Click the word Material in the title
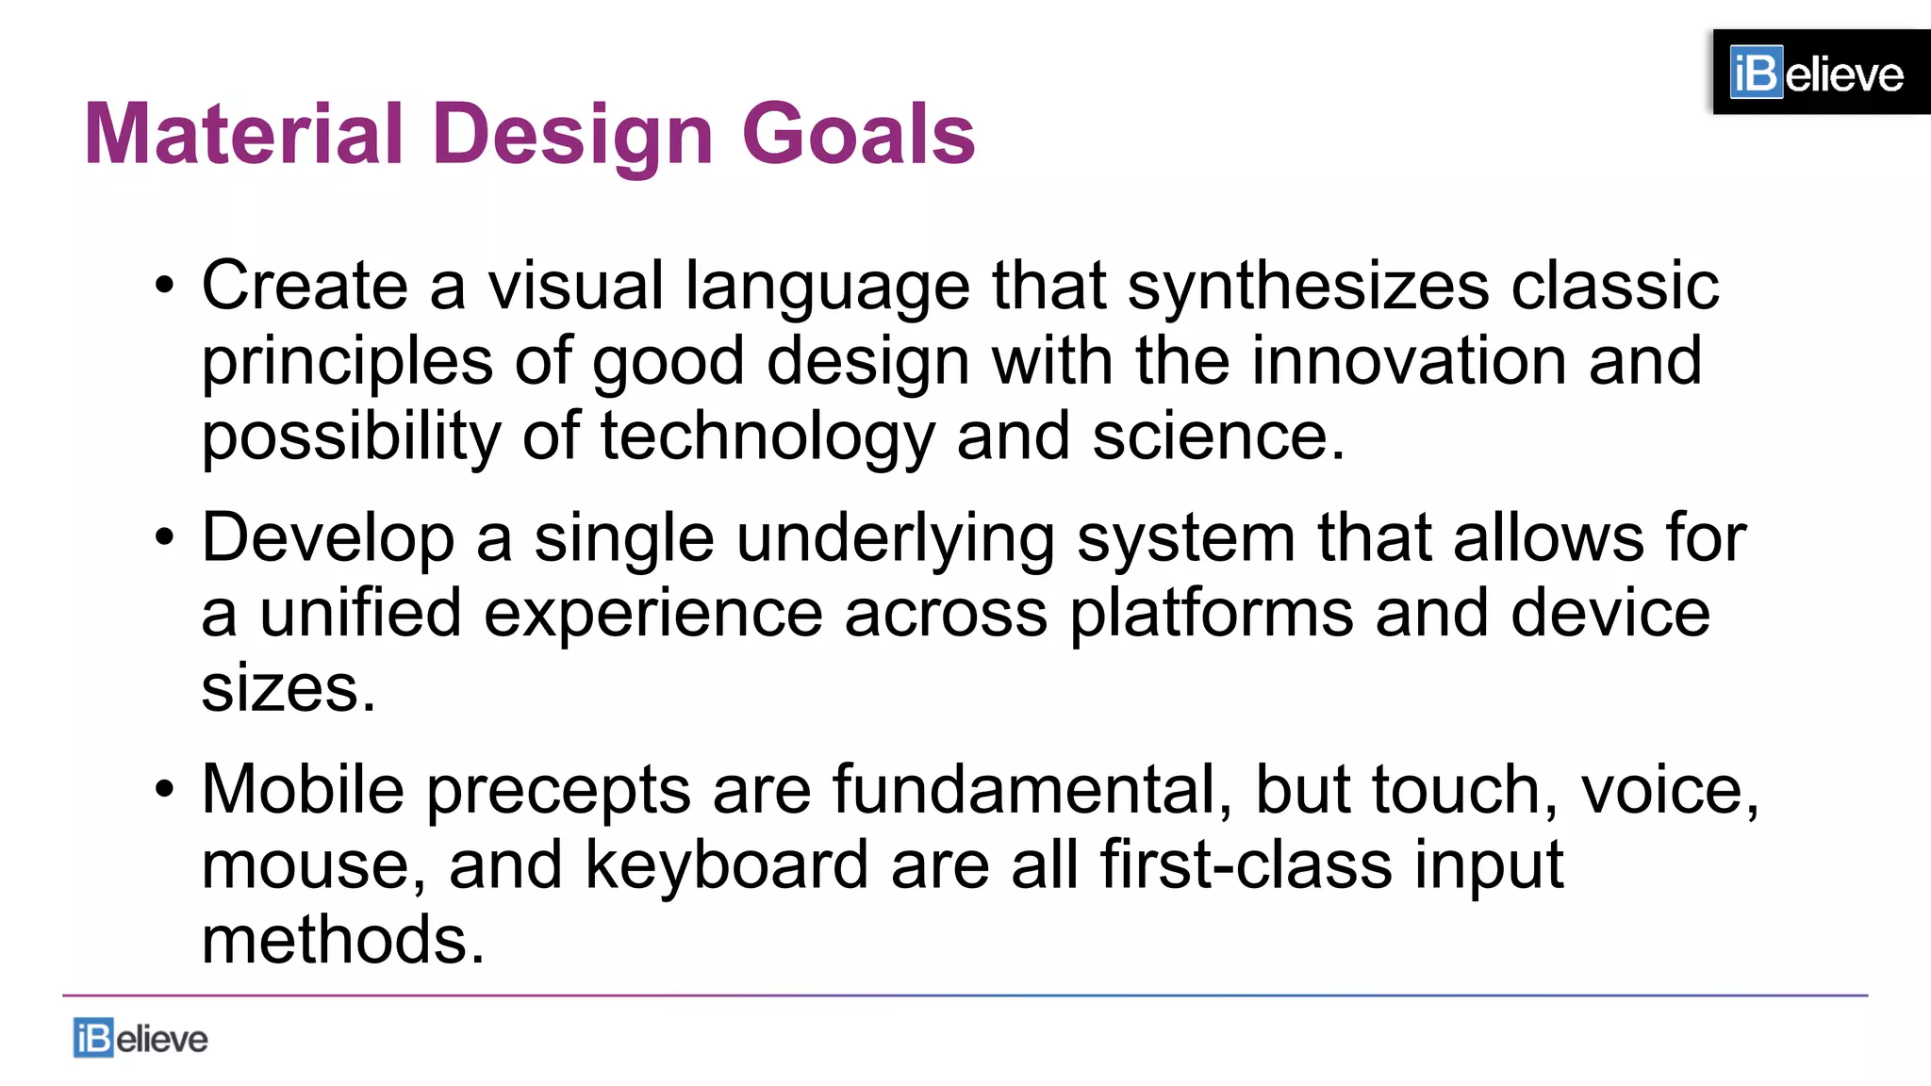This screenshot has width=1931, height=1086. [x=243, y=134]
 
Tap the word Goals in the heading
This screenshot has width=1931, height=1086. [x=858, y=134]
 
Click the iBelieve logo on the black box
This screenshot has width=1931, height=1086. [x=1816, y=73]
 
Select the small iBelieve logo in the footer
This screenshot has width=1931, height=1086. [x=140, y=1038]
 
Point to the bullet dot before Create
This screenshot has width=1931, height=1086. [x=165, y=286]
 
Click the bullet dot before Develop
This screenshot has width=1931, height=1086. [x=165, y=538]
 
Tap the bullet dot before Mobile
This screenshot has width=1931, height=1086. [x=165, y=790]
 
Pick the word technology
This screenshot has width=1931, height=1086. [x=767, y=436]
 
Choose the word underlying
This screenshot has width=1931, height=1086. [x=895, y=538]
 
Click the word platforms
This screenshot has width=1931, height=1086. [x=1211, y=614]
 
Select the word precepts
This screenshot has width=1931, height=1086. [x=558, y=790]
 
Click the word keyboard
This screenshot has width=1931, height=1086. [x=726, y=865]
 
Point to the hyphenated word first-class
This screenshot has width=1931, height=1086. [x=1246, y=865]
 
